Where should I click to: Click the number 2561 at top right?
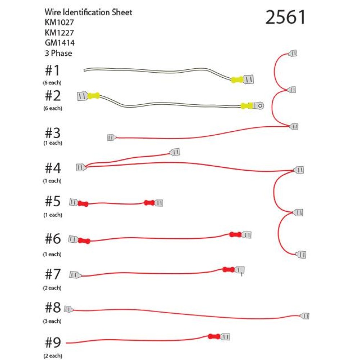tap(285, 17)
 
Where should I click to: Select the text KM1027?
tap(59, 22)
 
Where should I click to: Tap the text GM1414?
tap(60, 43)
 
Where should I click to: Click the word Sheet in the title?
tap(122, 12)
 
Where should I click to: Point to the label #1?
tap(52, 70)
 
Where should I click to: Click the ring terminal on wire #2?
tap(258, 106)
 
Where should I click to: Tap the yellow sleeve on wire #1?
tap(237, 80)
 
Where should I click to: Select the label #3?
tap(53, 133)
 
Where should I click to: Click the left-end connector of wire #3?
tap(112, 138)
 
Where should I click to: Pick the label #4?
tap(53, 168)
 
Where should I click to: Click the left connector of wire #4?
tap(81, 167)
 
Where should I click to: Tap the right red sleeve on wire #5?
tap(149, 203)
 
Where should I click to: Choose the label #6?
tap(53, 239)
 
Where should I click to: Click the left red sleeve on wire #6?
tap(84, 241)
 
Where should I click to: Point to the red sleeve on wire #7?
tap(229, 270)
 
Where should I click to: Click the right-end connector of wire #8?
tap(305, 316)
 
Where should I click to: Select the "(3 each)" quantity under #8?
tap(52, 321)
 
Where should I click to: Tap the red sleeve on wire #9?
tap(214, 337)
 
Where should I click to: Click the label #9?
tap(53, 342)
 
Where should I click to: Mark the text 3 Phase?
tap(59, 53)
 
